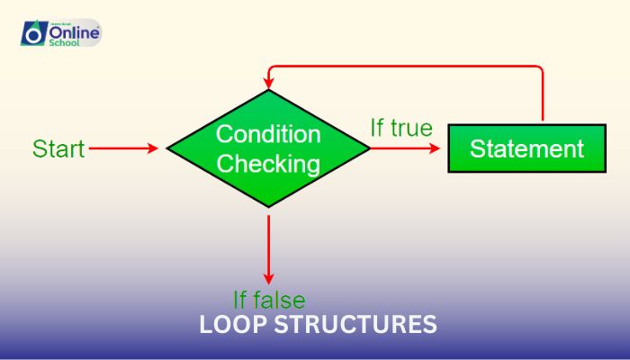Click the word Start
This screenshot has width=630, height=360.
(58, 148)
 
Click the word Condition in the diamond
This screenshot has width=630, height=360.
(268, 134)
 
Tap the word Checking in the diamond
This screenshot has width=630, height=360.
(268, 164)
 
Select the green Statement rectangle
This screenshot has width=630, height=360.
(526, 148)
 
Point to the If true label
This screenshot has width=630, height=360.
(401, 128)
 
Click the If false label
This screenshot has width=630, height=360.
(269, 300)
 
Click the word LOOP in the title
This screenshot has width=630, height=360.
(233, 325)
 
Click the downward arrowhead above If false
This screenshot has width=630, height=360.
(268, 279)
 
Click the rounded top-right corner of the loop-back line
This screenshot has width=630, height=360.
(540, 69)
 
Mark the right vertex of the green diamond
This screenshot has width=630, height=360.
(369, 148)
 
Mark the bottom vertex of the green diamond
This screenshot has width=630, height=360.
(268, 208)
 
